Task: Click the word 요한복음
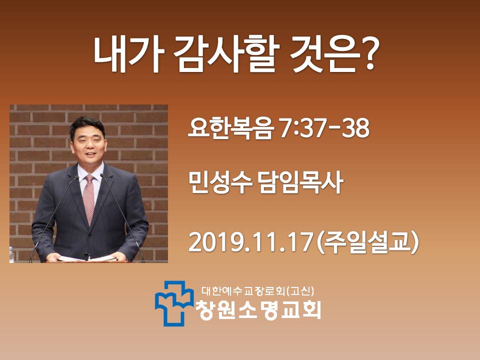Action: coord(230,128)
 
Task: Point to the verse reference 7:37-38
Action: coord(324,128)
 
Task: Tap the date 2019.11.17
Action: coord(250,242)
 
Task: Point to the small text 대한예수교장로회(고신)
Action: coord(258,291)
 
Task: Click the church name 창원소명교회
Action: coord(258,310)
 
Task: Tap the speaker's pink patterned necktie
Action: coord(89,199)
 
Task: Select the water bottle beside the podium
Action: coord(12,254)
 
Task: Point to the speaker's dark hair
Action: coord(87,125)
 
